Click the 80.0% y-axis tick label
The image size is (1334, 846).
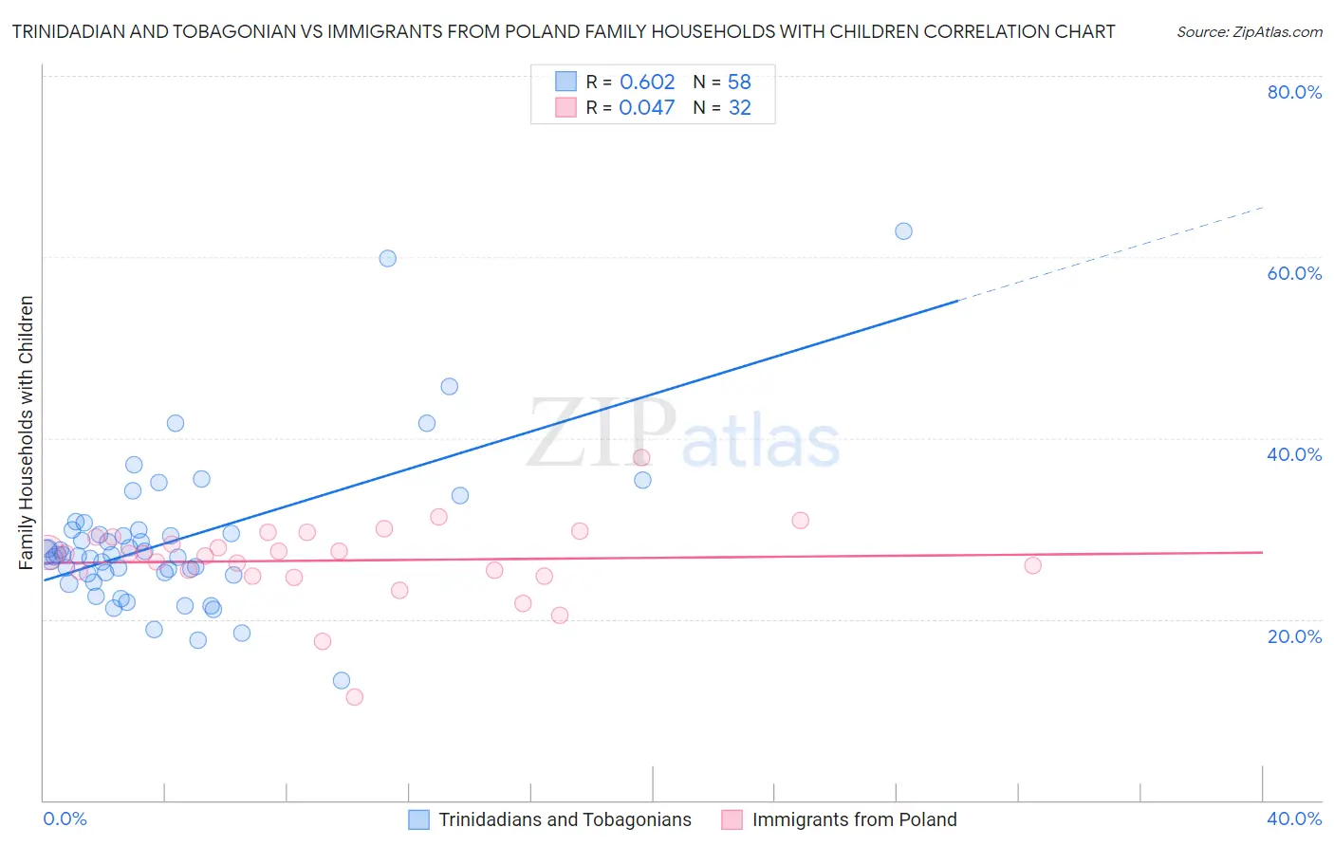pos(1294,92)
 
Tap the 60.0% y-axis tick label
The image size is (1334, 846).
pos(1294,273)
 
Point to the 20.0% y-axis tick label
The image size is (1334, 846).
pos(1294,636)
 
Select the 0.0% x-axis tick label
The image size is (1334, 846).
pos(65,818)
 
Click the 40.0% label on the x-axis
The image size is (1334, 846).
pos(1294,818)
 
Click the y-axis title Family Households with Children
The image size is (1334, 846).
pos(27,432)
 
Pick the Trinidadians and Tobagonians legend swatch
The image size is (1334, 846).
pos(419,819)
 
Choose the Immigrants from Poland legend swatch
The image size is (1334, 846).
pos(732,819)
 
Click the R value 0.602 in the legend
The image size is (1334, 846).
pos(647,83)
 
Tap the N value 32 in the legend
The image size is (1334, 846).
pos(740,108)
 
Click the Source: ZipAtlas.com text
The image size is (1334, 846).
pos(1249,32)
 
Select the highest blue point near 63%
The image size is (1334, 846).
pos(903,231)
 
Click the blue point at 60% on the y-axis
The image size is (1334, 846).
pos(387,258)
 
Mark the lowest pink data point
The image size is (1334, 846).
pos(355,697)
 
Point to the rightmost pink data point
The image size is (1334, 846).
pos(1032,565)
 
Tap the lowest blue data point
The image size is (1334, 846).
pos(342,680)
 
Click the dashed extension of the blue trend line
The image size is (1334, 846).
pos(1110,253)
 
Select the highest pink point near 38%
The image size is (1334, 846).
pos(641,458)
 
